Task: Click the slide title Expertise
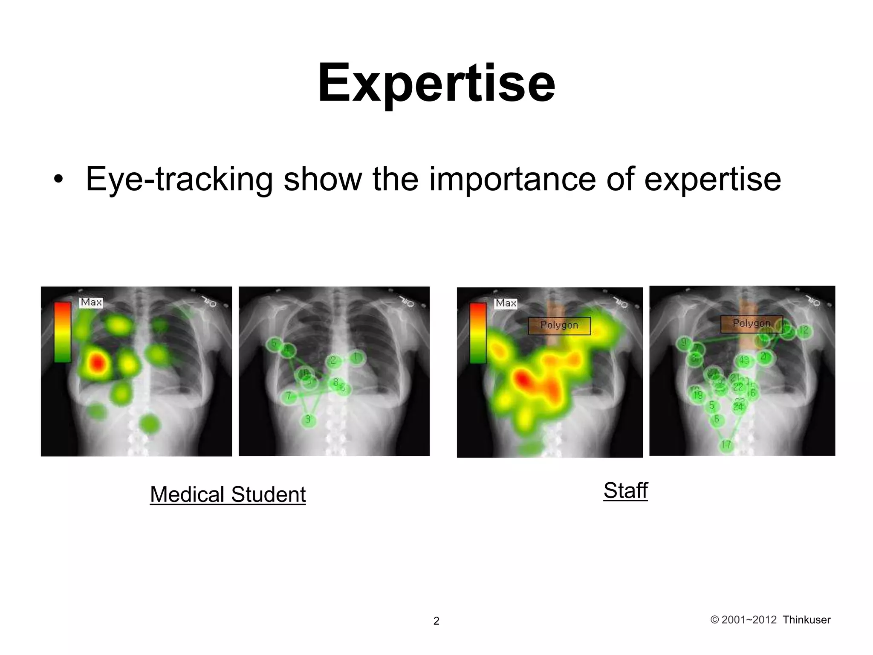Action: point(436,83)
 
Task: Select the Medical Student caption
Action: point(228,495)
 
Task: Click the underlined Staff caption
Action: point(625,490)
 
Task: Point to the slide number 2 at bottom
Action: point(436,621)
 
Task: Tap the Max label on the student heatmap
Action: point(91,302)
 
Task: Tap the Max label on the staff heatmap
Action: point(506,303)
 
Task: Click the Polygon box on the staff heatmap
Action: point(559,325)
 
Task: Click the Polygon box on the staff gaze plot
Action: point(751,324)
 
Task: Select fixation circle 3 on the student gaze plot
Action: point(308,420)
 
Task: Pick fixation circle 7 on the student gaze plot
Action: point(289,396)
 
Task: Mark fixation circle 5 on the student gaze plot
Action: point(274,343)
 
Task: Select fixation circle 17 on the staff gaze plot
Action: point(726,445)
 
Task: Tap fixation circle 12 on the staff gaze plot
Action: point(804,330)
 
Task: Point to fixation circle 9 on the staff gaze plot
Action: point(684,342)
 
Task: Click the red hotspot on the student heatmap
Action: point(98,363)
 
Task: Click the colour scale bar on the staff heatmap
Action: point(478,333)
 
